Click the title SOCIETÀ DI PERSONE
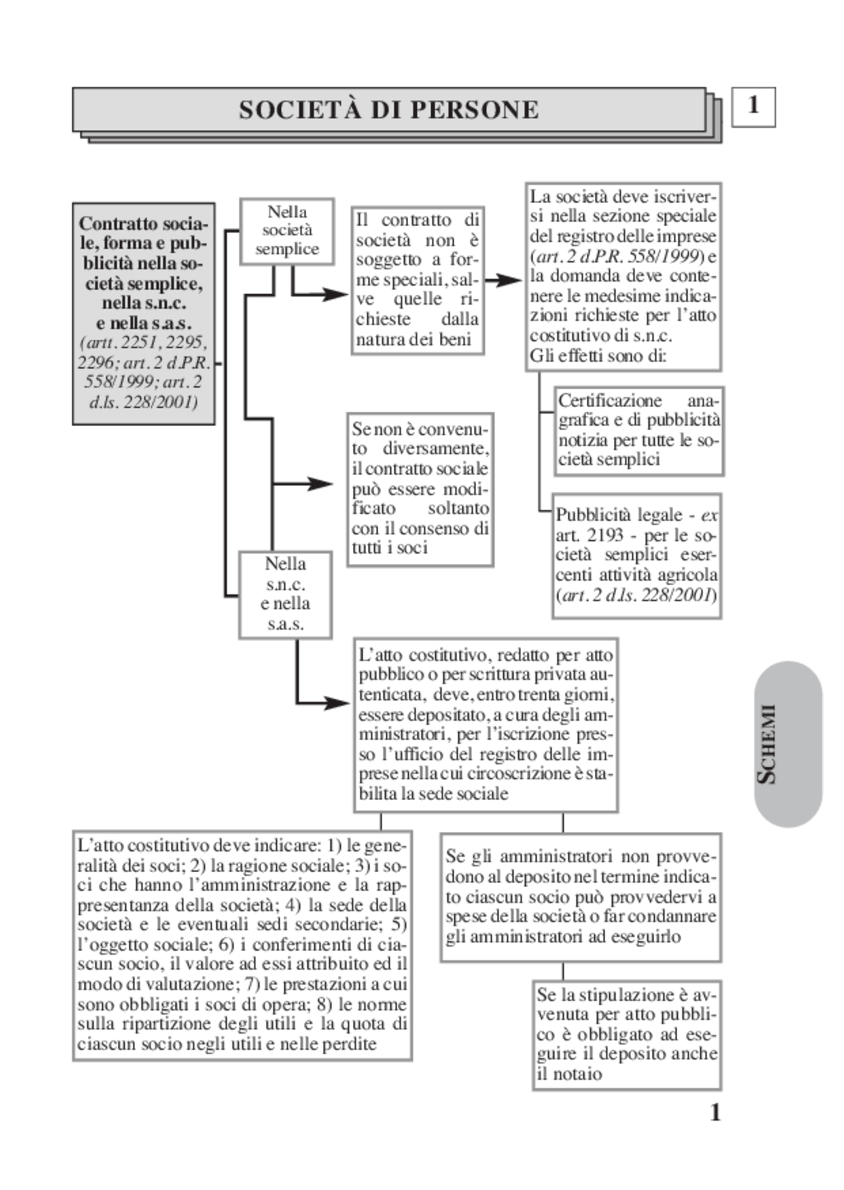click(x=389, y=110)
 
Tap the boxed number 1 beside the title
click(x=753, y=106)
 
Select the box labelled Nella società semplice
click(x=287, y=231)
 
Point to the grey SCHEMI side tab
click(x=787, y=744)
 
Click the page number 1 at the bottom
click(x=715, y=1113)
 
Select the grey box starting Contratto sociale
click(x=143, y=313)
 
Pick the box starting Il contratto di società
click(x=417, y=280)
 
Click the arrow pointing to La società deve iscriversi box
click(x=504, y=280)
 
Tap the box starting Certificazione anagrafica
click(x=638, y=431)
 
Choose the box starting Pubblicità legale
click(x=636, y=555)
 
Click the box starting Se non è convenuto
click(x=420, y=489)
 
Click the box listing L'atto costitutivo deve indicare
click(x=242, y=945)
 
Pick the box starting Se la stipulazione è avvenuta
click(x=626, y=1034)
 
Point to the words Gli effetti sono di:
click(x=598, y=356)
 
